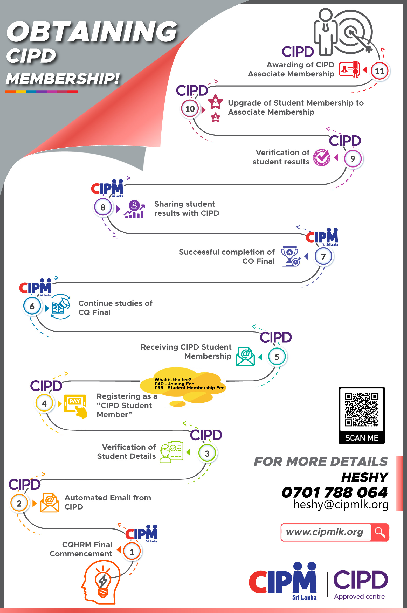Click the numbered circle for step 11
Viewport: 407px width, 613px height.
tap(380, 71)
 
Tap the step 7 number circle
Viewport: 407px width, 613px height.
tap(323, 256)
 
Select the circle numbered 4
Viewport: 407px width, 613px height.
tap(44, 403)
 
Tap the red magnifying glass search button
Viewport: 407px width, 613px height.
tap(380, 532)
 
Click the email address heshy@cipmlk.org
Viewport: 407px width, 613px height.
tap(341, 505)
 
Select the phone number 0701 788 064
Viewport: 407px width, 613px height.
tap(335, 492)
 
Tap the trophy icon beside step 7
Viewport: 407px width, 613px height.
tap(291, 256)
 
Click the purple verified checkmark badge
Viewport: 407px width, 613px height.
tap(322, 157)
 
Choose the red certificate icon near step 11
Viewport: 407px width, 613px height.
tap(349, 69)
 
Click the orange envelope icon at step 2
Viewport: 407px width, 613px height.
tap(50, 503)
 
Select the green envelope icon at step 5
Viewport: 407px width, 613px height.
tap(245, 357)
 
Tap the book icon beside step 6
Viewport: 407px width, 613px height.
tap(60, 307)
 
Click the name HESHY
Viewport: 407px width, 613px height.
tap(365, 477)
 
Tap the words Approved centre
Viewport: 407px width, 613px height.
tap(359, 596)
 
